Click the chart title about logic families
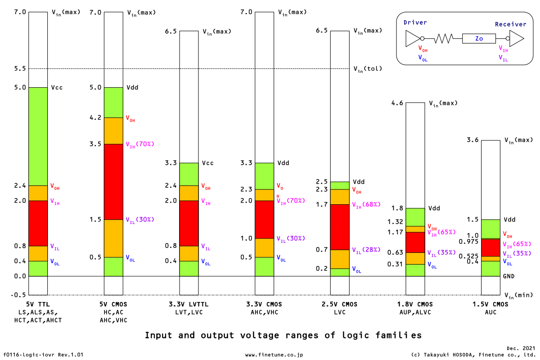click(x=283, y=335)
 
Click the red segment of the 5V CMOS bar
click(x=113, y=181)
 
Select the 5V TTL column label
click(x=38, y=304)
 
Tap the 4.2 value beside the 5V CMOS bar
click(x=96, y=118)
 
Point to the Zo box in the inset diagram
click(x=479, y=39)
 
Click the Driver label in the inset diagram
click(x=415, y=22)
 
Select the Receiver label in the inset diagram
click(x=510, y=24)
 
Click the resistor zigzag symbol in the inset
click(x=443, y=39)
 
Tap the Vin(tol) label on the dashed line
click(x=367, y=69)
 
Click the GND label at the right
click(x=509, y=276)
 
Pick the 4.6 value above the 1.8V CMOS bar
click(x=397, y=103)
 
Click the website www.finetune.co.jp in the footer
click(x=274, y=355)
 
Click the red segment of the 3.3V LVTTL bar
click(x=189, y=223)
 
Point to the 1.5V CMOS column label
click(x=490, y=304)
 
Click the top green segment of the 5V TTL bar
click(x=38, y=136)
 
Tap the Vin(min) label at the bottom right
click(x=517, y=295)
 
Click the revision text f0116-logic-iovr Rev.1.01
click(x=44, y=355)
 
